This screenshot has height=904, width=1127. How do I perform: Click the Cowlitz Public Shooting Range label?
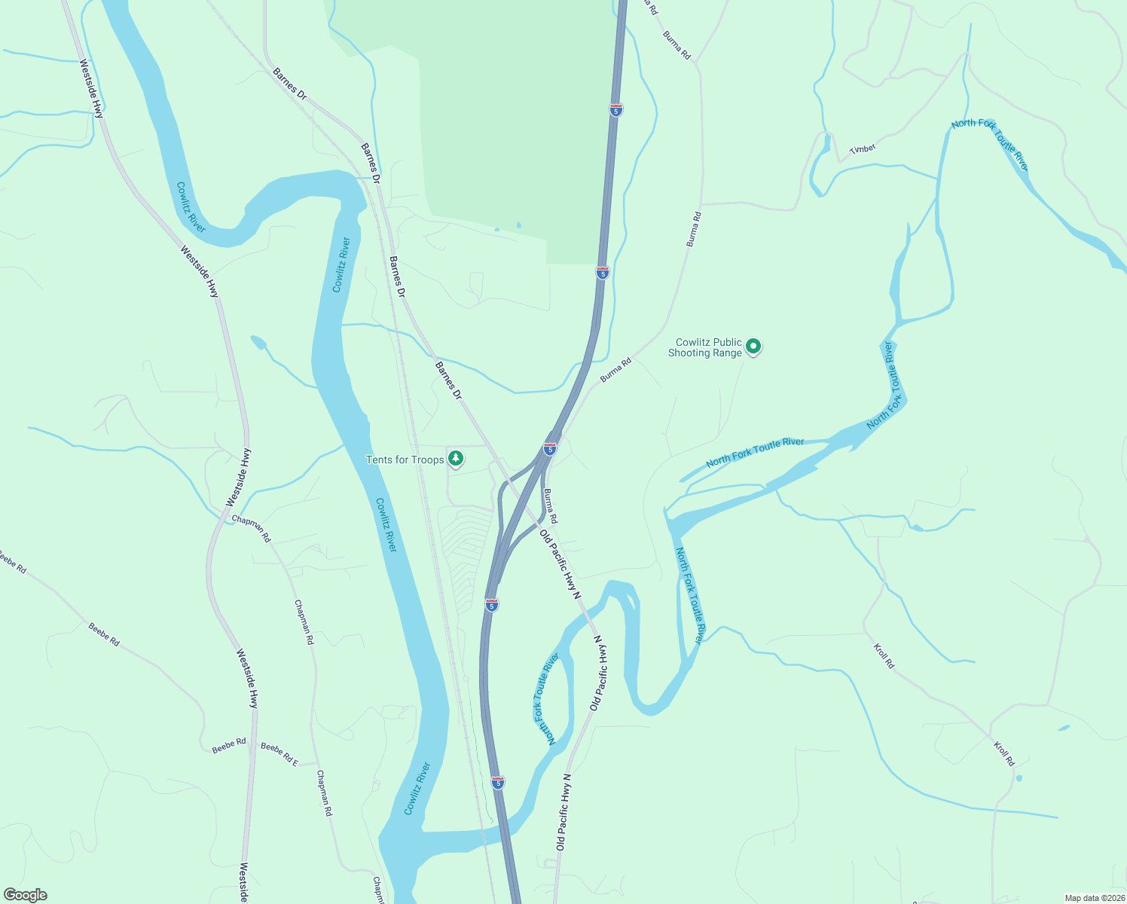click(705, 347)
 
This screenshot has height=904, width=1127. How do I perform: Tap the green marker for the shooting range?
click(753, 347)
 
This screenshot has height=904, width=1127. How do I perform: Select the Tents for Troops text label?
click(405, 460)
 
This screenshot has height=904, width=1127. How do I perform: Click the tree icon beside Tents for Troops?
click(455, 458)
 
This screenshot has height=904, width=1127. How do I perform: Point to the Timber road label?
click(863, 148)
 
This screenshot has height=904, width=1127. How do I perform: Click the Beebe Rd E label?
click(279, 753)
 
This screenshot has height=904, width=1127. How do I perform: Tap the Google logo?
click(26, 895)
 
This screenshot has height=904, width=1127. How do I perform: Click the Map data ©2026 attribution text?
click(1095, 898)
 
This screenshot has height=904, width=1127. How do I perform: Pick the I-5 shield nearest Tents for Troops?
click(550, 449)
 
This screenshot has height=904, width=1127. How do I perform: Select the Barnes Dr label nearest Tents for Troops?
click(448, 380)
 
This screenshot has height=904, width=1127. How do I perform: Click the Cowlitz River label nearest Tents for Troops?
click(386, 525)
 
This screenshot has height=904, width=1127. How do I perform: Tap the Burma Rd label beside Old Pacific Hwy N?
click(551, 506)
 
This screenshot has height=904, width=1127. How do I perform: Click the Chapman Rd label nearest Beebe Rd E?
click(324, 793)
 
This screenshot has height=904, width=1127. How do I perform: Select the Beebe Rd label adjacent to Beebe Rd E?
click(229, 746)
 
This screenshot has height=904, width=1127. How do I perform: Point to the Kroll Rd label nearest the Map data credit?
click(1004, 753)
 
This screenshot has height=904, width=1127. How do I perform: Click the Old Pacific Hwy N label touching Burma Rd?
click(560, 563)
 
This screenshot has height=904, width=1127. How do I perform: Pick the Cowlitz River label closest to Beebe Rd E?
click(417, 788)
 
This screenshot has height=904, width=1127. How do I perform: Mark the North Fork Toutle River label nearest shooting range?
click(755, 453)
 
